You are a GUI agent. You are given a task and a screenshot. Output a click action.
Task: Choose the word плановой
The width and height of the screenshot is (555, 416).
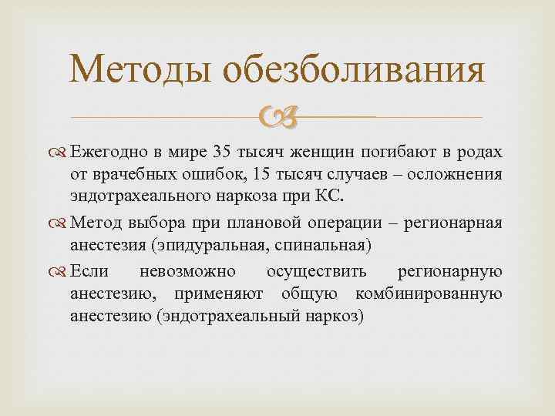coord(255,223)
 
